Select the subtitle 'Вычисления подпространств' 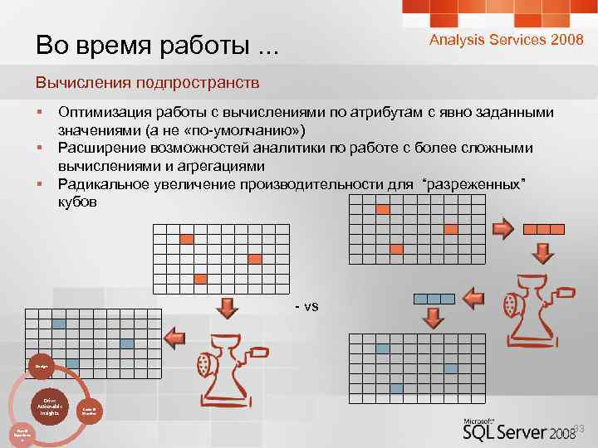click(x=147, y=83)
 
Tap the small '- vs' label click(x=306, y=306)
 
